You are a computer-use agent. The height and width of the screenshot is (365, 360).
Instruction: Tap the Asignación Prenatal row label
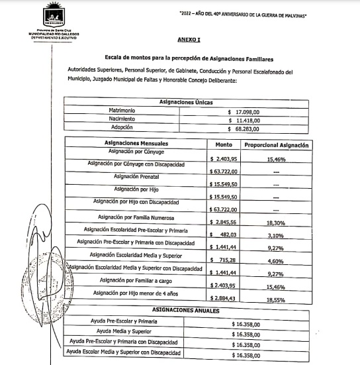coord(136,177)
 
